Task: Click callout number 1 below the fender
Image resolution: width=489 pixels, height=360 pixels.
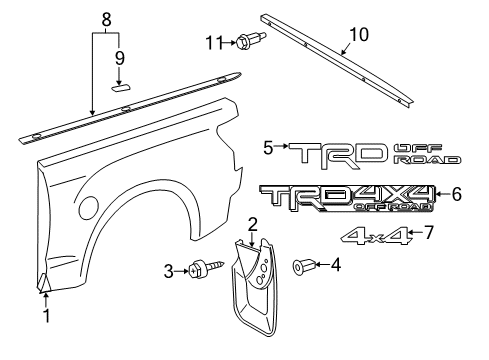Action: click(44, 318)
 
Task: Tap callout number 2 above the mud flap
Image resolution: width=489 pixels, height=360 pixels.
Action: click(253, 224)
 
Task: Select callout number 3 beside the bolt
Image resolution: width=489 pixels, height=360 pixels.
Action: click(169, 270)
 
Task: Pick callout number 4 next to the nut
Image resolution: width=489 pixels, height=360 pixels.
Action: click(335, 265)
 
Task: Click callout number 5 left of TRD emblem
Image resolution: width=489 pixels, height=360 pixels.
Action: click(268, 147)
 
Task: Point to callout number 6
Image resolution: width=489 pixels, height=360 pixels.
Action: click(456, 194)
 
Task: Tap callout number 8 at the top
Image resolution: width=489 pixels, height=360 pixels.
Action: click(108, 16)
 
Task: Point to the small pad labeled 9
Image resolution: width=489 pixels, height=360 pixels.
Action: click(121, 87)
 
